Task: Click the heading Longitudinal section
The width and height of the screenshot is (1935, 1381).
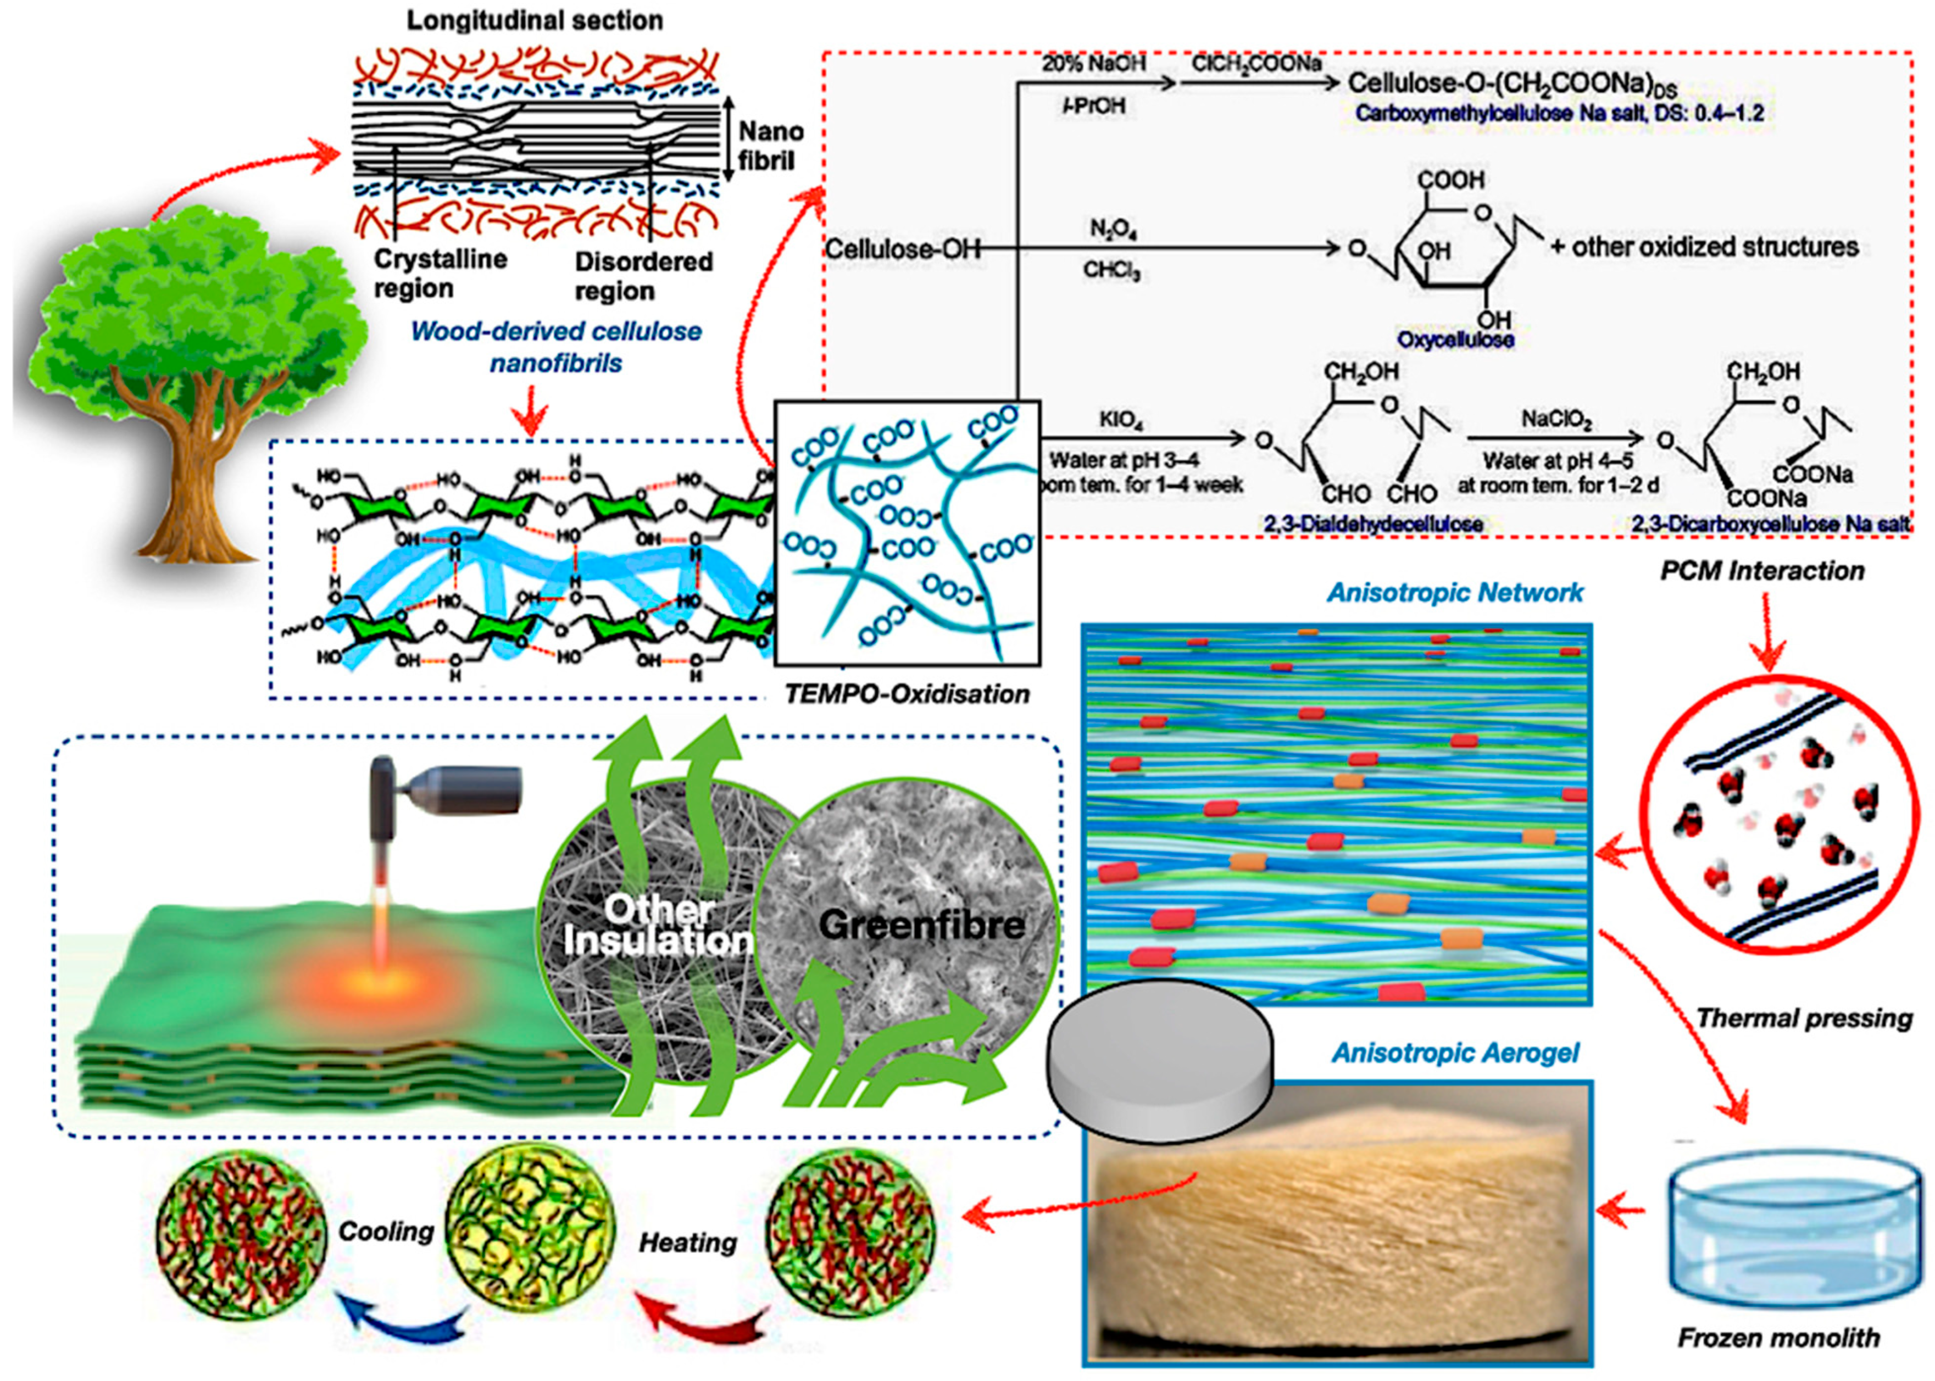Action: point(534,20)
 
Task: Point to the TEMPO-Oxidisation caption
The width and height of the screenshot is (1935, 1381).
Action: point(906,694)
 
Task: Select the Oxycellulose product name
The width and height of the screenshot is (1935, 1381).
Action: point(1455,339)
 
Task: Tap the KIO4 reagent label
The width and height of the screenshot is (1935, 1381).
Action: point(1120,421)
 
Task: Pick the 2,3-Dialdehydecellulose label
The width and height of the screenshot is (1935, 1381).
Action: point(1373,524)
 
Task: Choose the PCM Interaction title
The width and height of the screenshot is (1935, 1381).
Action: point(1762,571)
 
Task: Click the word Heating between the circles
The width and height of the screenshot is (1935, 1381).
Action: point(688,1243)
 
